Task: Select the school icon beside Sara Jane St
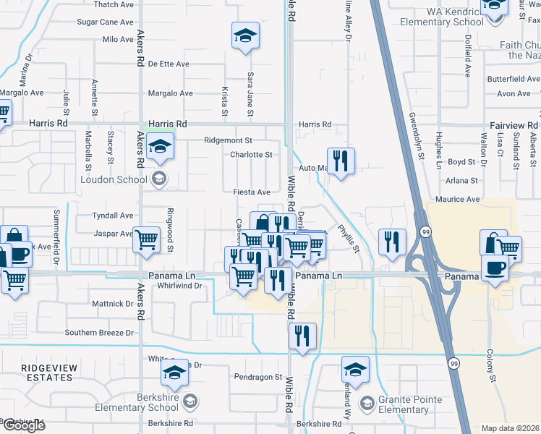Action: pos(245,35)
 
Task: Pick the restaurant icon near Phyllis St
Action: pos(391,241)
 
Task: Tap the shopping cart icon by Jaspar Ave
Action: pos(146,239)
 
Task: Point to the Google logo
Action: pos(23,425)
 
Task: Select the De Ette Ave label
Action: pos(169,64)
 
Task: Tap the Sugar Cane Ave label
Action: pos(107,22)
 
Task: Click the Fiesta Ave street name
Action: pos(252,192)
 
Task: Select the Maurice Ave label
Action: pos(457,199)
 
